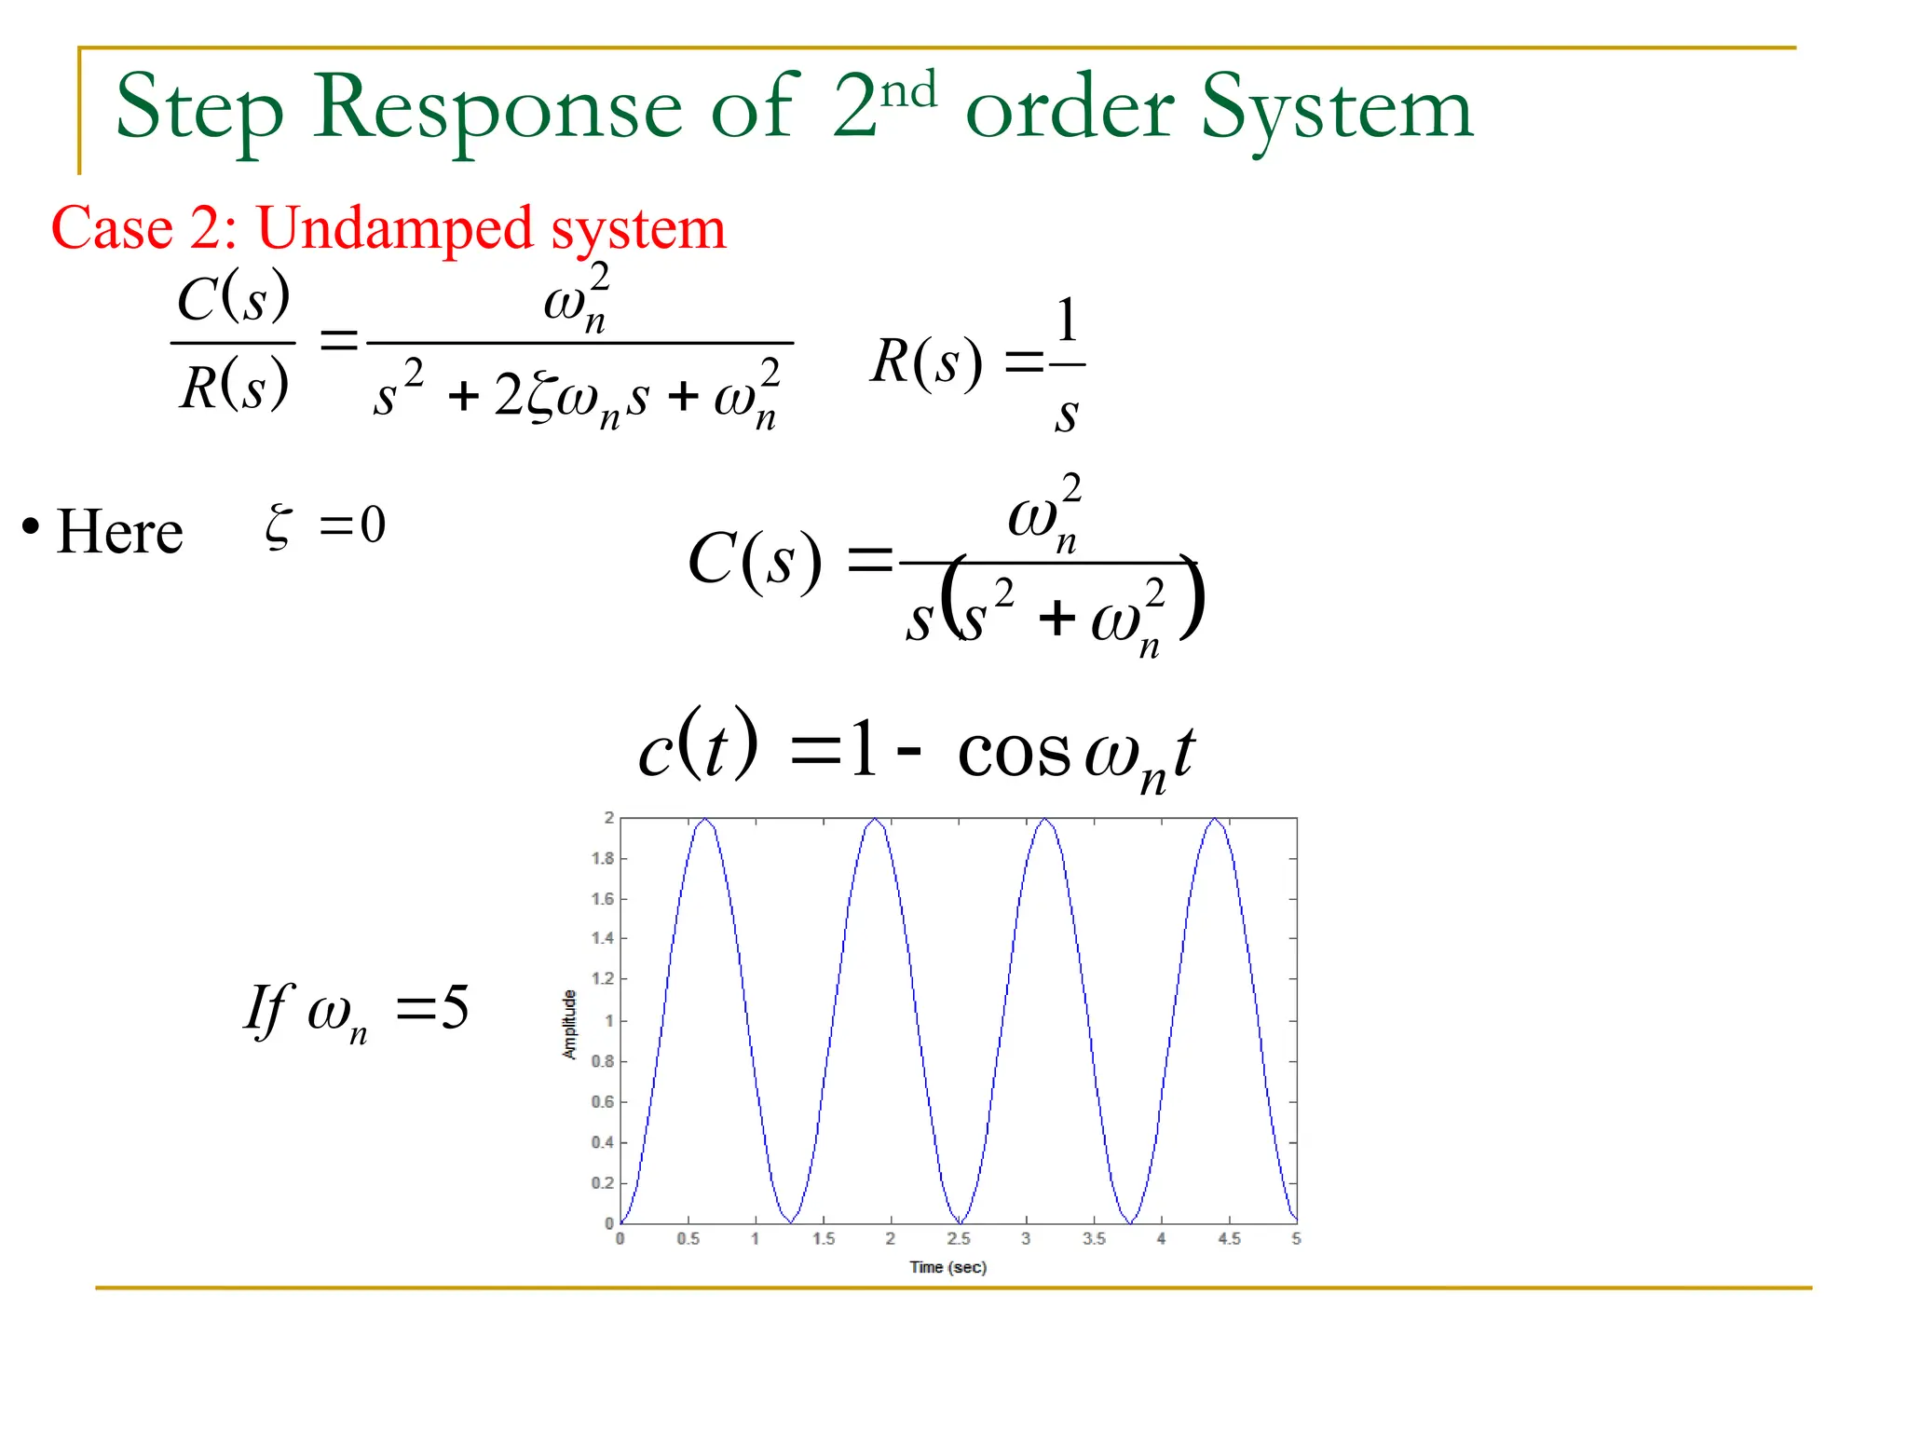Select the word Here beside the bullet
(x=119, y=532)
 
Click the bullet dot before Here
(x=31, y=527)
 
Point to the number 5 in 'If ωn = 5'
(x=455, y=1007)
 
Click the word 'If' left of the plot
(x=268, y=1009)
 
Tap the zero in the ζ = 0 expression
(x=373, y=525)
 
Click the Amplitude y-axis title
(x=569, y=1024)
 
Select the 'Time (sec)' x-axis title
(x=947, y=1267)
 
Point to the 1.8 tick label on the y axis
(x=603, y=858)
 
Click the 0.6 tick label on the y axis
(x=603, y=1102)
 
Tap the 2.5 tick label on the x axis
(x=959, y=1239)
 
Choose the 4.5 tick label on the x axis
(x=1229, y=1239)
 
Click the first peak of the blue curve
(x=706, y=820)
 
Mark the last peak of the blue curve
(x=1215, y=820)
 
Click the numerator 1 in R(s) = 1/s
(x=1068, y=320)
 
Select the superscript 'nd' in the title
(x=909, y=90)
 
